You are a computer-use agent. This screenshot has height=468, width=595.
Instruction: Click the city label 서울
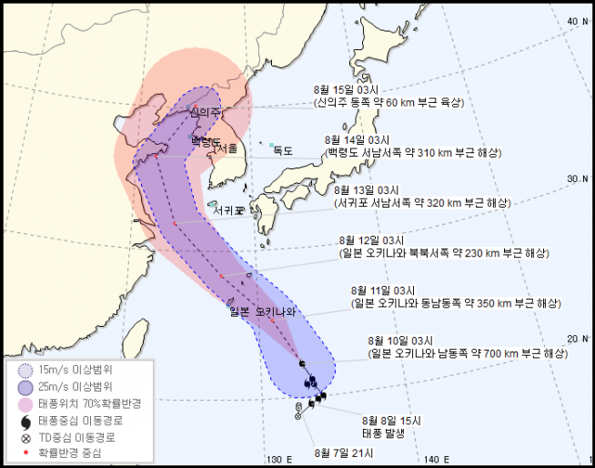(x=227, y=148)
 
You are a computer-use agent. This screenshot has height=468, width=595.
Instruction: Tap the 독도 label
(x=283, y=151)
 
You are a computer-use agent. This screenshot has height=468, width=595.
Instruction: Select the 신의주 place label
(x=206, y=112)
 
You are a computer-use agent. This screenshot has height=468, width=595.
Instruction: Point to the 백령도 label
(x=207, y=142)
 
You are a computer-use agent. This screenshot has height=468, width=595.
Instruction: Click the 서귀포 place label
(x=228, y=210)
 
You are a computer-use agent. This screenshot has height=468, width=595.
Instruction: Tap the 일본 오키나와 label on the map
(x=264, y=312)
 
